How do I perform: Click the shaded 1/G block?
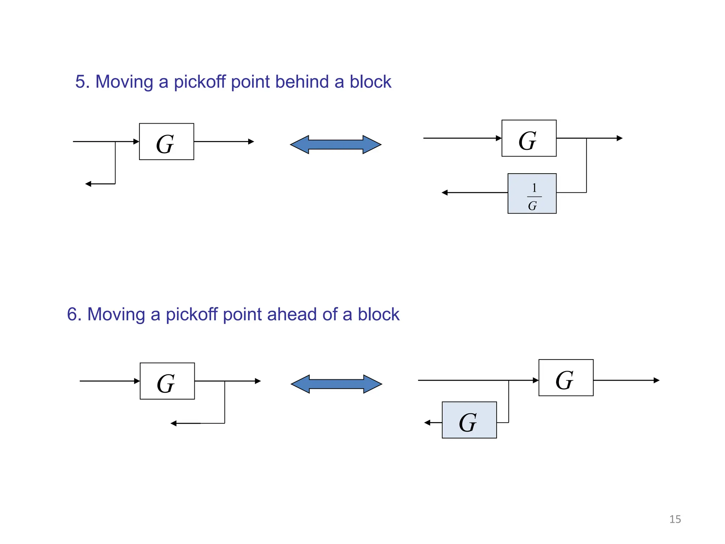tap(532, 193)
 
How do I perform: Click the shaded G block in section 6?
tap(469, 420)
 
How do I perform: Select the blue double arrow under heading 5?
tap(336, 144)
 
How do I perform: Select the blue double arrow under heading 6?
tap(336, 384)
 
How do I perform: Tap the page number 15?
tap(675, 519)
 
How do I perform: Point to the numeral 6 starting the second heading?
tap(72, 314)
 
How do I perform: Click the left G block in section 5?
tap(166, 142)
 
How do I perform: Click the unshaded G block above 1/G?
tap(529, 138)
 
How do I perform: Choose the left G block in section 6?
tap(167, 381)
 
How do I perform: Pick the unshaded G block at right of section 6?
tap(566, 378)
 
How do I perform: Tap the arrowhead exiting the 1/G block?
tap(445, 193)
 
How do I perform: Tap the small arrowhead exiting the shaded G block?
tap(427, 423)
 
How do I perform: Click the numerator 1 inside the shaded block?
tap(534, 188)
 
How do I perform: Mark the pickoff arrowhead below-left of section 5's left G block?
tap(88, 184)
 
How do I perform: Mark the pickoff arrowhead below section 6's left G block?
tap(173, 423)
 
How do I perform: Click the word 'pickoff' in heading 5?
tap(200, 82)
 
